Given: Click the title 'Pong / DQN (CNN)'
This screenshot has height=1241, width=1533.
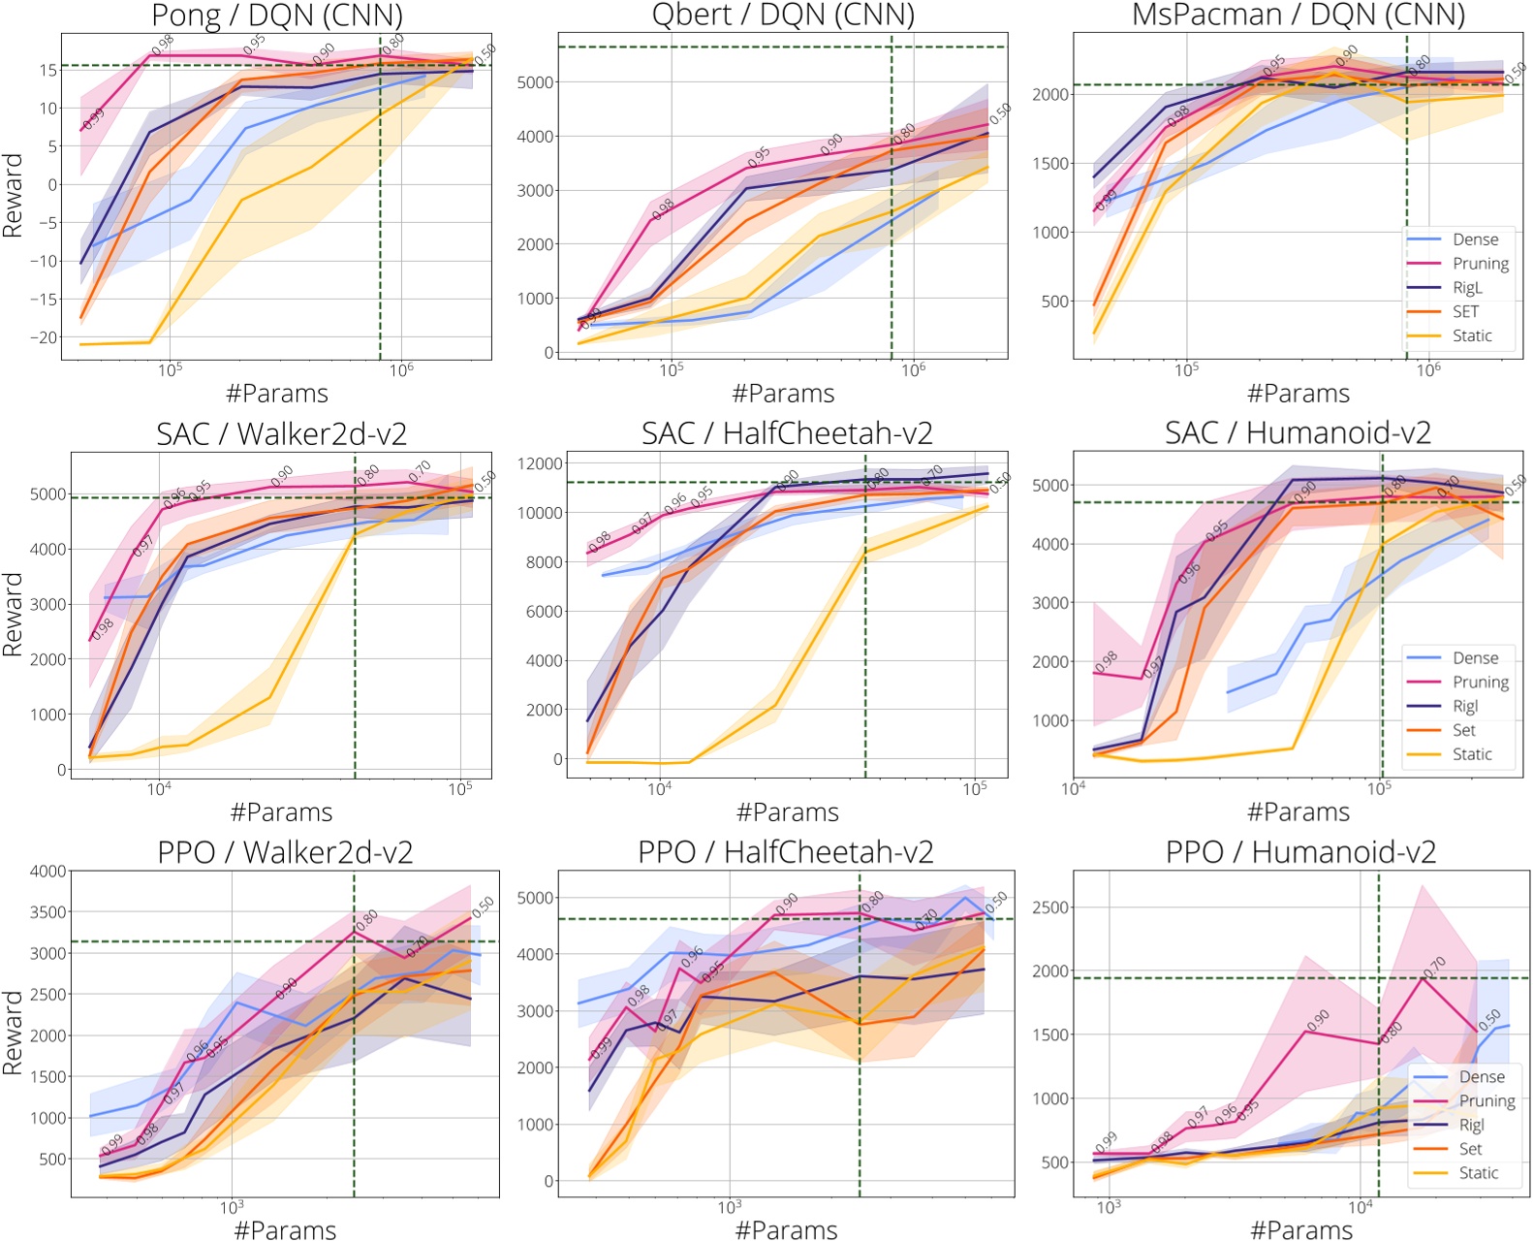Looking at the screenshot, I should click(x=277, y=16).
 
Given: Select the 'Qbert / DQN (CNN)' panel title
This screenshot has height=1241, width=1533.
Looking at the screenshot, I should click(x=782, y=16).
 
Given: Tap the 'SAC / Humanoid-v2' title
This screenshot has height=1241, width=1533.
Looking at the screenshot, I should click(x=1298, y=432).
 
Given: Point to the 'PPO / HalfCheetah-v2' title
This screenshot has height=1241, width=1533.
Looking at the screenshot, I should click(x=785, y=851).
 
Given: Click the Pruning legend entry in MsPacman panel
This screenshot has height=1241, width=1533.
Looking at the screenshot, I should click(x=1480, y=264).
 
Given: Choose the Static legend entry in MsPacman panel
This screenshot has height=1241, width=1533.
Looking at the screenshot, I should click(x=1471, y=335).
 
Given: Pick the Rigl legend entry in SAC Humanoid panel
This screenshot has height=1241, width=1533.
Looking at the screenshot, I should click(x=1465, y=706).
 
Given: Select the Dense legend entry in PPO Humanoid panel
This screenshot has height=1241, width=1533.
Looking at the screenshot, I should click(x=1482, y=1076).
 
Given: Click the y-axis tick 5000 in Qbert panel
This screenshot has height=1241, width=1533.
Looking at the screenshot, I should click(x=535, y=82).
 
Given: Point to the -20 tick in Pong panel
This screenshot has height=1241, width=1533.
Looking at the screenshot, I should click(x=45, y=337).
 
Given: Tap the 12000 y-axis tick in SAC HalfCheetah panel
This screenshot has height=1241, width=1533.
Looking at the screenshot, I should click(x=539, y=463).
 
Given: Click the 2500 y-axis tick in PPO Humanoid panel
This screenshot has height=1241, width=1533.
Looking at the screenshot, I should click(x=1051, y=907).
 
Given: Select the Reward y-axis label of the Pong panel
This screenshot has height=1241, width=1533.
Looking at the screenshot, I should click(x=13, y=195).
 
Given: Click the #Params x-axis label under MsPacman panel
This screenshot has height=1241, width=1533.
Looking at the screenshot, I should click(x=1298, y=394).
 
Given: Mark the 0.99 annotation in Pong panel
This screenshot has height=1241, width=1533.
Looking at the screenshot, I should click(x=93, y=119).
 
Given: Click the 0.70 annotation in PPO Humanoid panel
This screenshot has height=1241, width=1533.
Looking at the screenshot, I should click(x=1435, y=967).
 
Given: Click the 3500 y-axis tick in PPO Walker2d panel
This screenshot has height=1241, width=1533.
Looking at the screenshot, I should click(x=47, y=912).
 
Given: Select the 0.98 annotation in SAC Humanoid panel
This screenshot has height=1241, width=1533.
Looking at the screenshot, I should click(x=1106, y=663).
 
